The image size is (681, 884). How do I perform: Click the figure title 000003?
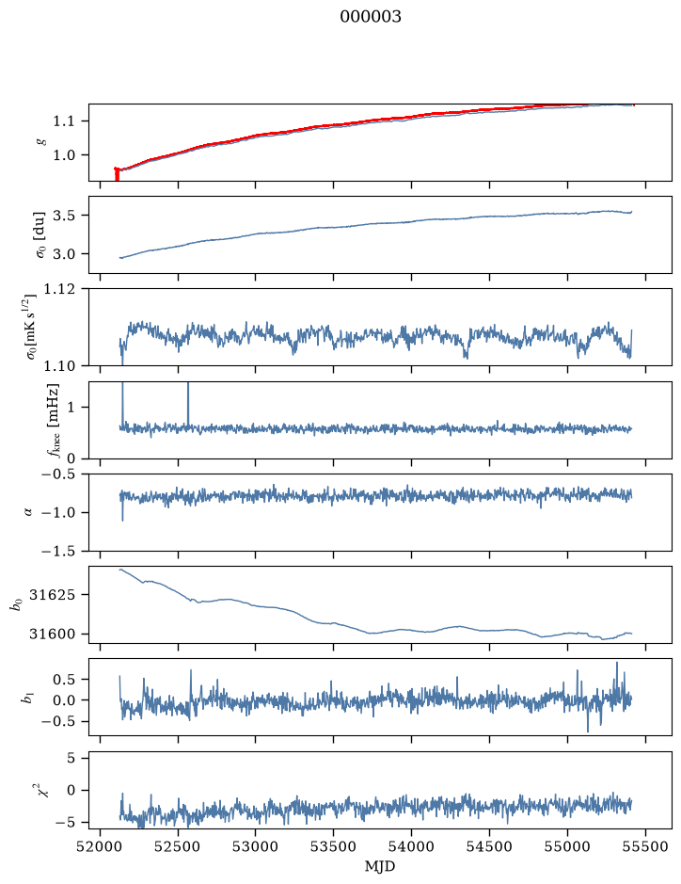click(x=370, y=17)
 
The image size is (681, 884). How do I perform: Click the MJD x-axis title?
click(x=380, y=866)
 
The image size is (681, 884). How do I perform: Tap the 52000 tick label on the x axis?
click(x=101, y=846)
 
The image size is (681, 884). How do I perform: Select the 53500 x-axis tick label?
click(x=334, y=846)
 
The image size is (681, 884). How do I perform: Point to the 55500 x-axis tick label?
click(x=645, y=846)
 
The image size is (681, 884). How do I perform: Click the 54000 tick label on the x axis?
click(x=411, y=846)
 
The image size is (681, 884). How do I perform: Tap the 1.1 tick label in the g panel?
click(x=64, y=121)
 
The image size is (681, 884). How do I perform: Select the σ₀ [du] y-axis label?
click(x=40, y=235)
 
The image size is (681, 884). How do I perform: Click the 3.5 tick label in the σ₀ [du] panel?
click(x=64, y=216)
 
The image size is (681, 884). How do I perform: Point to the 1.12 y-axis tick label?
click(x=58, y=289)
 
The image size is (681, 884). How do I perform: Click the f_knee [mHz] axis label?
click(x=52, y=420)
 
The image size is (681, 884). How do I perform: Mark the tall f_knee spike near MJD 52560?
click(x=188, y=404)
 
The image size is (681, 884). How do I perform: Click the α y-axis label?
click(x=29, y=512)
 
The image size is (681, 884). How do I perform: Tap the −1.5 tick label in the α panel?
click(x=58, y=552)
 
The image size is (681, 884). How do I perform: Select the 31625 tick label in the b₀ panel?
click(x=52, y=595)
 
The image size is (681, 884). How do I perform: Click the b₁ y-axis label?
click(x=26, y=698)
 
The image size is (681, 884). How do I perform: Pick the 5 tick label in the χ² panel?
click(x=71, y=758)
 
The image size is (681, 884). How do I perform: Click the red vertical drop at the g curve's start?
click(x=117, y=174)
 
